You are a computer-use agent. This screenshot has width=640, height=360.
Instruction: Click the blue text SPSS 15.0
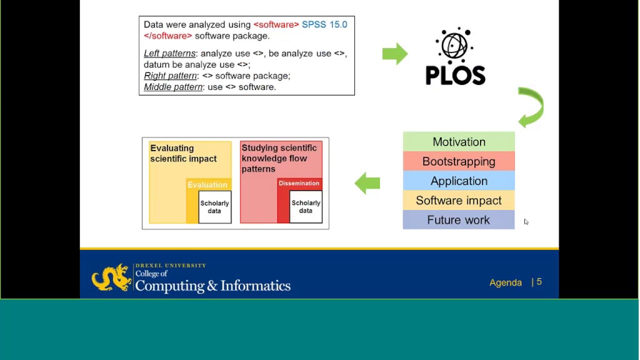pyautogui.click(x=324, y=24)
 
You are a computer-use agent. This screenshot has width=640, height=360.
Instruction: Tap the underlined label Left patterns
pyautogui.click(x=169, y=53)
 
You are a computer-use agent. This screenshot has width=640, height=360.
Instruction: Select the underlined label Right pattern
pyautogui.click(x=170, y=75)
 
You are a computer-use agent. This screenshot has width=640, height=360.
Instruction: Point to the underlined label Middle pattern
pyautogui.click(x=173, y=87)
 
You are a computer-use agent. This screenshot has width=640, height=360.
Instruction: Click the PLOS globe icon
pyautogui.click(x=454, y=45)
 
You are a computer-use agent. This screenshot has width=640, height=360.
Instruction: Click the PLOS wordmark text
pyautogui.click(x=455, y=76)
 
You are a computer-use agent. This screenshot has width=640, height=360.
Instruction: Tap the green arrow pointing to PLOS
pyautogui.click(x=394, y=53)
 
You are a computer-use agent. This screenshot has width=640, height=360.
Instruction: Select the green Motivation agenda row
pyautogui.click(x=458, y=142)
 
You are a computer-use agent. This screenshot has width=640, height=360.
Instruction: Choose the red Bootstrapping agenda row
pyautogui.click(x=458, y=161)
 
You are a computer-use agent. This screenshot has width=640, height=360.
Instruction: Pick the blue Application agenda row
pyautogui.click(x=458, y=181)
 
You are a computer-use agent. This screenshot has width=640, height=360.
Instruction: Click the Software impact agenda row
pyautogui.click(x=458, y=200)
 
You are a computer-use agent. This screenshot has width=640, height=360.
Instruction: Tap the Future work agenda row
pyautogui.click(x=458, y=220)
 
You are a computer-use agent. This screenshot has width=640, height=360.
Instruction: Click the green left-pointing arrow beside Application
pyautogui.click(x=367, y=183)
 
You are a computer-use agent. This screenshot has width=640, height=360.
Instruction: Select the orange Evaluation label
pyautogui.click(x=207, y=184)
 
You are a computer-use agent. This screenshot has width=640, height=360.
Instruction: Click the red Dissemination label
pyautogui.click(x=299, y=183)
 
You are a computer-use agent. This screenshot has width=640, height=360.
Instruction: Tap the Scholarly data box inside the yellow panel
pyautogui.click(x=214, y=207)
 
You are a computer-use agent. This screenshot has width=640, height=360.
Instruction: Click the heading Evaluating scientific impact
pyautogui.click(x=183, y=153)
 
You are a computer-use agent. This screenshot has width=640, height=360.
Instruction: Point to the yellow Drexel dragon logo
pyautogui.click(x=111, y=277)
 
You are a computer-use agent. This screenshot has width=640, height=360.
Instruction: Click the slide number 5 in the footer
pyautogui.click(x=539, y=282)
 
